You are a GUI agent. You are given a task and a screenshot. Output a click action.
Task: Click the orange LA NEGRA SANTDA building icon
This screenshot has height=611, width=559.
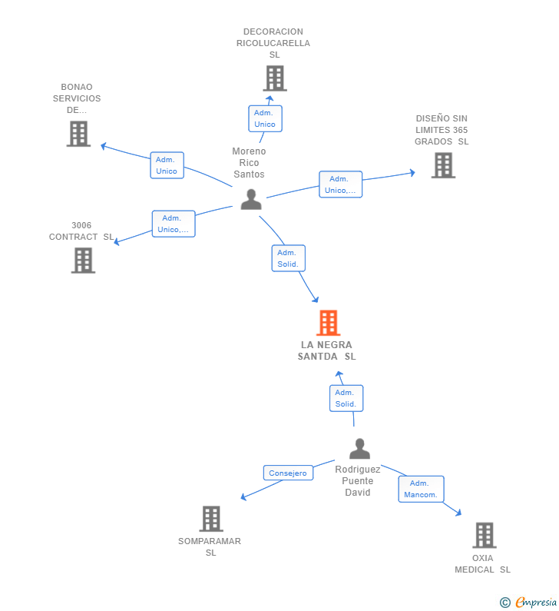click(328, 323)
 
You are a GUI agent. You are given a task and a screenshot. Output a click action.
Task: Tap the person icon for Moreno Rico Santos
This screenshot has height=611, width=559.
click(251, 200)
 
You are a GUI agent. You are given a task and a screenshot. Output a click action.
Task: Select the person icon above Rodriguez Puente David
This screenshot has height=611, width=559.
click(359, 449)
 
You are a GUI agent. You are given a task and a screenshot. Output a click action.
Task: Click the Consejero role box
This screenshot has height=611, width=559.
click(288, 473)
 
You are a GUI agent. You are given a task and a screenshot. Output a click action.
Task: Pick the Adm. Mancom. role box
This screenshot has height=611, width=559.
click(421, 489)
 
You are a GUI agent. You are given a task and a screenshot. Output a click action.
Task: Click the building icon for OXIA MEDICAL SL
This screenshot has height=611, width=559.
click(485, 535)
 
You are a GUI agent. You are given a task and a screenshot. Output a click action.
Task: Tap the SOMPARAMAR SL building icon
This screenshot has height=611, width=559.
click(211, 519)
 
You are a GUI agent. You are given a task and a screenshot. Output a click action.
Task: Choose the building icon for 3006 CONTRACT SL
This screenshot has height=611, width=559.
click(83, 261)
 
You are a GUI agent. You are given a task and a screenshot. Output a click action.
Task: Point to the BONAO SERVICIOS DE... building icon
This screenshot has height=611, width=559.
click(78, 134)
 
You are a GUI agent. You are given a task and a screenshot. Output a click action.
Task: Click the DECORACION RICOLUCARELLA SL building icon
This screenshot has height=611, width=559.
click(275, 78)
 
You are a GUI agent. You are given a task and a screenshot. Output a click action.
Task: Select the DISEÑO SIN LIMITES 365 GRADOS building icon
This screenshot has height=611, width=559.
click(443, 165)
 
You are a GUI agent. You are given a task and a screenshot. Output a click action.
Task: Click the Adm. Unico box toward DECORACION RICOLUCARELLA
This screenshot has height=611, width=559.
click(265, 118)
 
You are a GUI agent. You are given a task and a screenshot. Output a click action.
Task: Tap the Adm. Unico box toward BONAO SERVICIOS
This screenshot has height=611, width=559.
click(167, 165)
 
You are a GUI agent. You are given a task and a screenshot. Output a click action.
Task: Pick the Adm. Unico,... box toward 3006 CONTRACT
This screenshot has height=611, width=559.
click(174, 224)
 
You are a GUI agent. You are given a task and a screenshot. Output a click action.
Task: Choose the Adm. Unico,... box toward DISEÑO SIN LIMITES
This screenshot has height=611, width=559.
click(341, 184)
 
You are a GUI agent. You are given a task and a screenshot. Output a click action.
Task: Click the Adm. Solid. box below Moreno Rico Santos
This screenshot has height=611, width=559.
click(289, 258)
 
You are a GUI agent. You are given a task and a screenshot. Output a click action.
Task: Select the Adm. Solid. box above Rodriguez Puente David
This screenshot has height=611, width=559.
click(346, 398)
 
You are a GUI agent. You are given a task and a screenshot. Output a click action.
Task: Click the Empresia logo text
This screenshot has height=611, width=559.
click(536, 602)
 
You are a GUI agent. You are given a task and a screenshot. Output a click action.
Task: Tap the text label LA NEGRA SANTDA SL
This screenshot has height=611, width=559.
click(326, 350)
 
